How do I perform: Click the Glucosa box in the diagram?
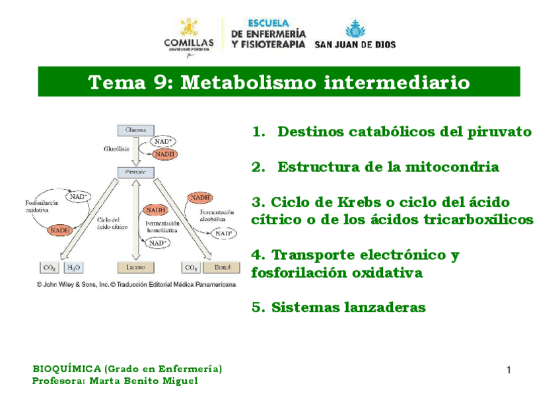coord(136,130)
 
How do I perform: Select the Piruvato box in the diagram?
coord(136,172)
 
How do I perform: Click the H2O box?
coord(73,267)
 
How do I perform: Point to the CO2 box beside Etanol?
coord(192,267)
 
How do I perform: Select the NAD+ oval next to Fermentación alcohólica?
coord(223,233)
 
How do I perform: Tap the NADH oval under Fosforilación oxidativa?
coord(60,230)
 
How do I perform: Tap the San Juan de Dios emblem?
coord(355,29)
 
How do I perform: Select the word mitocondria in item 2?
coord(452,167)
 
